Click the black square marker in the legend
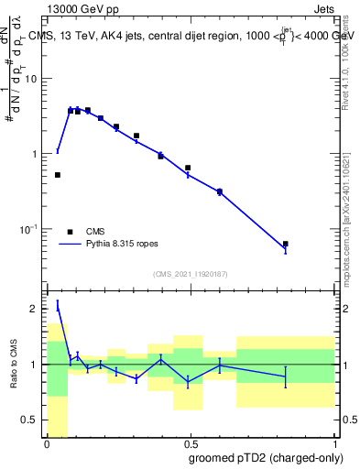70,232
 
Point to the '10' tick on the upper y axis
34,79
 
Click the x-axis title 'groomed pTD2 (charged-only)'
267,457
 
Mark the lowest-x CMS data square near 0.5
58,175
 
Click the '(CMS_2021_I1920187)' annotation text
190,274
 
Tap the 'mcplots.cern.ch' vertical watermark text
352,247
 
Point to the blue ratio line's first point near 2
58,306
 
